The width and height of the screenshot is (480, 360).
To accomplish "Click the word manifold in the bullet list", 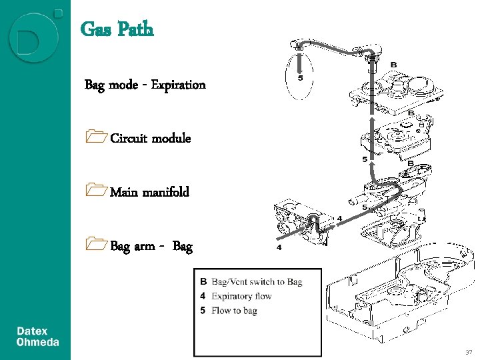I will [165, 192].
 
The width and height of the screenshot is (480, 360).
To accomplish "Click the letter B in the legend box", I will [203, 281].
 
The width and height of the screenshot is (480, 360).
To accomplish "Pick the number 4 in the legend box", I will [203, 296].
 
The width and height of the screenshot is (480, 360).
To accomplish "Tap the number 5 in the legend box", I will [203, 311].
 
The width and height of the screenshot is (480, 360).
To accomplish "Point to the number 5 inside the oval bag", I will [300, 77].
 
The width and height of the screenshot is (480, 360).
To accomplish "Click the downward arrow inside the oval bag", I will [300, 62].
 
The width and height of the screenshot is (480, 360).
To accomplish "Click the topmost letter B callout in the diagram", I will [393, 64].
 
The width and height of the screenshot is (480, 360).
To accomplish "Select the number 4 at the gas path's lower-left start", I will [279, 247].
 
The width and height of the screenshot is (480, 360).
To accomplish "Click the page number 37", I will [469, 351].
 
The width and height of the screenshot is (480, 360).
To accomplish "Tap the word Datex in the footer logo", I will [32, 331].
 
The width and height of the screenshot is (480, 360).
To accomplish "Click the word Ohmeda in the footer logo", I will [37, 343].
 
